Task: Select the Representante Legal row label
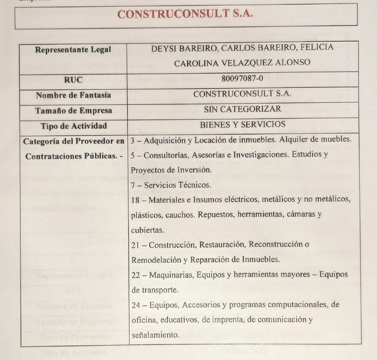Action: click(73, 50)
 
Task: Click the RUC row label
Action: click(73, 80)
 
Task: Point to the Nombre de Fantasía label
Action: click(73, 95)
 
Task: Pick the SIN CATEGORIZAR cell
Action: click(242, 109)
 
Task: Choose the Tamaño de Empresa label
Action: click(74, 110)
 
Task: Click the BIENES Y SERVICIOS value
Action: click(243, 124)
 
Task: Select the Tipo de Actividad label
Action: click(74, 126)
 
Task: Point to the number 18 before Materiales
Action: click(136, 199)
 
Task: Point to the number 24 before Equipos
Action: click(136, 305)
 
